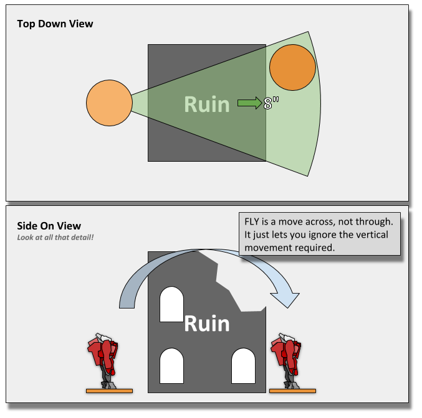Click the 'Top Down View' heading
pos(55,24)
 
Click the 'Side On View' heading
pos(49,226)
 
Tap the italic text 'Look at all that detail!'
pos(52,238)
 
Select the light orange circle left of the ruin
pos(109,103)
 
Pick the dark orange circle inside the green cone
pos(292,68)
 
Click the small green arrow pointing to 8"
pos(249,103)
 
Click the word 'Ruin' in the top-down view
pos(207,104)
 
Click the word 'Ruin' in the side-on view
pos(207,323)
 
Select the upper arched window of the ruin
pos(171,304)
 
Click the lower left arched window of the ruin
pos(171,366)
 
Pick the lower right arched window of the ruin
pos(243,366)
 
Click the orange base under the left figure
pos(109,391)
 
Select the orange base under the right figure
pos(292,391)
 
